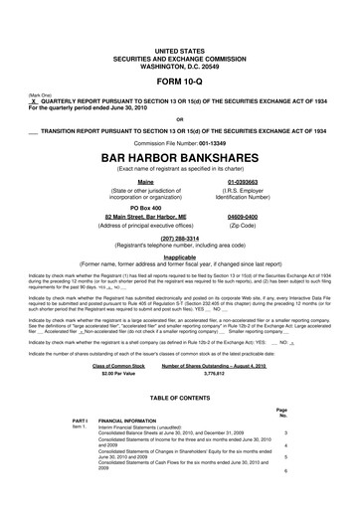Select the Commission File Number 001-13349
180,139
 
